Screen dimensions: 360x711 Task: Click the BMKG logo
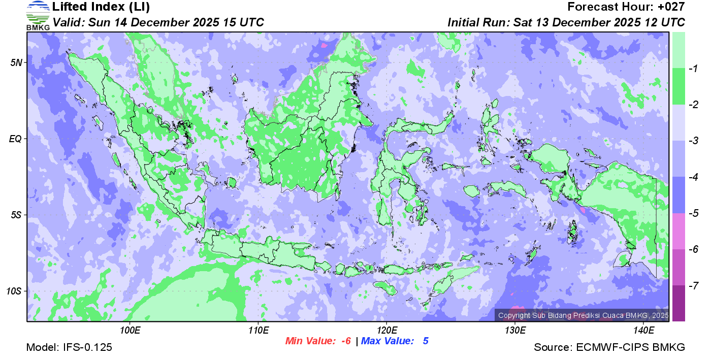38,16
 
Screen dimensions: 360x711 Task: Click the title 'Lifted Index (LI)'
101,7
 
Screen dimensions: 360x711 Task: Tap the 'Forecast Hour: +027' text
626,7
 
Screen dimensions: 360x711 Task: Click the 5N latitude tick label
16,62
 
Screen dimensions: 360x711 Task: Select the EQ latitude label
16,139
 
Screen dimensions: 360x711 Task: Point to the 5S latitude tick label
16,215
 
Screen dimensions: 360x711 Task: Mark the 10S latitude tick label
14,291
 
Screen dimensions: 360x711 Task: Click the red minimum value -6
345,341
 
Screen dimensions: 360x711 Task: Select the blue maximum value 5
426,341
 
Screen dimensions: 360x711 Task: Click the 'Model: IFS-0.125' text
69,348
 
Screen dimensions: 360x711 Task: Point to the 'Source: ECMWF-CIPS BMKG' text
609,348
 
